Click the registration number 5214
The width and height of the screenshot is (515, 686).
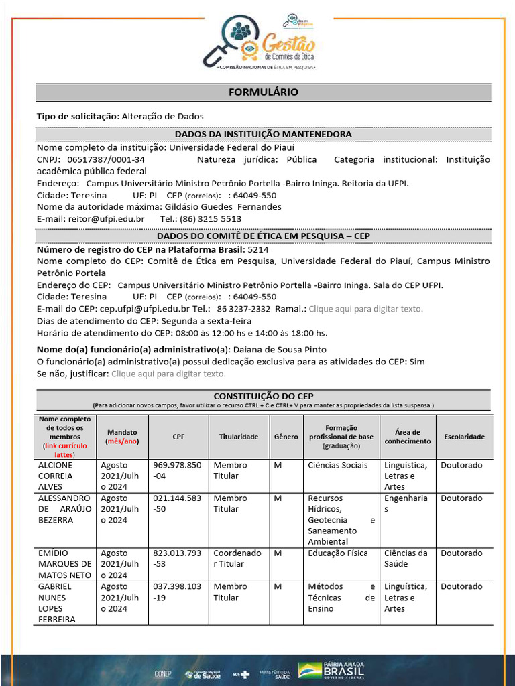click(258, 249)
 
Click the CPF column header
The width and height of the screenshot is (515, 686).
click(178, 437)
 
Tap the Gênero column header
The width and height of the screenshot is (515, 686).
click(286, 437)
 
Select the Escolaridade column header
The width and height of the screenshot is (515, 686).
click(464, 437)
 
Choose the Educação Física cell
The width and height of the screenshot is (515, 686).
click(338, 553)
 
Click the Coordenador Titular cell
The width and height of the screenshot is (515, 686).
click(237, 559)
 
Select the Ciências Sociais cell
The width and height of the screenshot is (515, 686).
click(338, 465)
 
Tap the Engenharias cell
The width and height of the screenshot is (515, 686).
click(406, 504)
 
